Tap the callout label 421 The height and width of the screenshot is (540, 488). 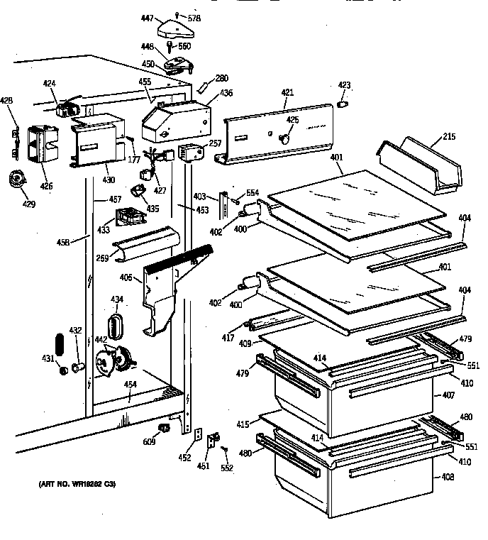(287, 93)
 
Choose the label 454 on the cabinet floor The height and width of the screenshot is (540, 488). (130, 385)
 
